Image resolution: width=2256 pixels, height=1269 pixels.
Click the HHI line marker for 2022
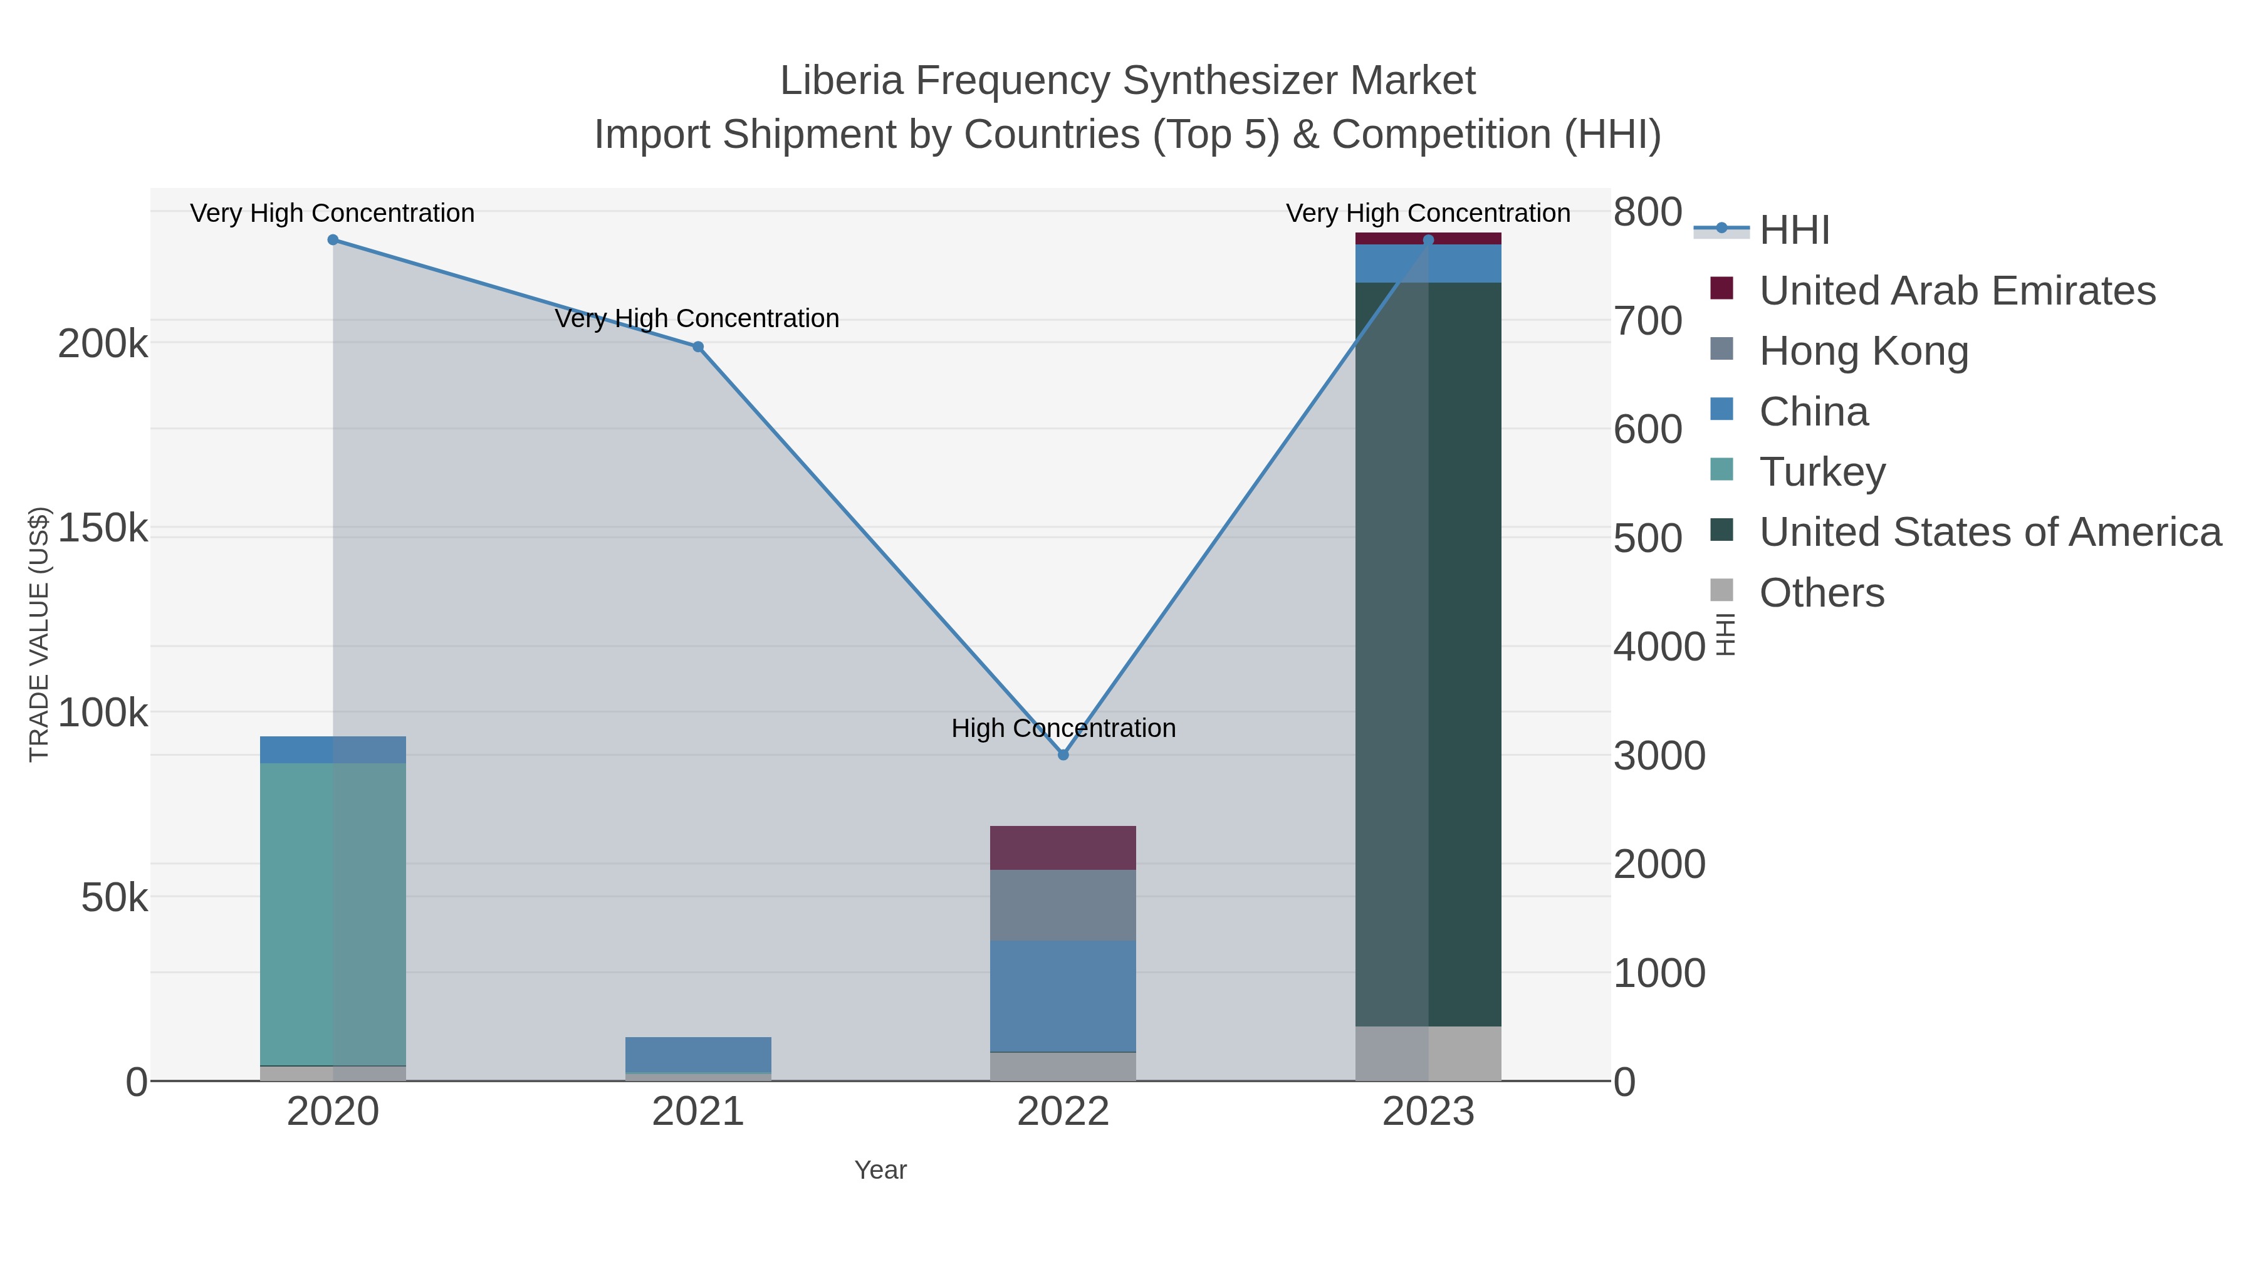click(1063, 754)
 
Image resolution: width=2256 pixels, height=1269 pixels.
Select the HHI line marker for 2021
click(698, 347)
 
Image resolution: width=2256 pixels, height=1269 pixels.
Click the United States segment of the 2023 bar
click(1428, 654)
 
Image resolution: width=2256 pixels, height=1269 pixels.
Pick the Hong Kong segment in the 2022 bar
click(1063, 905)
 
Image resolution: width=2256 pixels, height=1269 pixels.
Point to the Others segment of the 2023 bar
click(1428, 1053)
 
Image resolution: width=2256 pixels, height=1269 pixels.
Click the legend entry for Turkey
click(1822, 472)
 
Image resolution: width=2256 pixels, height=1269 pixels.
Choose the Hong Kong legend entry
click(1863, 351)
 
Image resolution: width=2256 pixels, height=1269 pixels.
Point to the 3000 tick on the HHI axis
click(1659, 756)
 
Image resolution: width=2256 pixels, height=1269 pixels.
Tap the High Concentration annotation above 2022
click(1063, 728)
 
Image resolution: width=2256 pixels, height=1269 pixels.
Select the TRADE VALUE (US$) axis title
click(39, 634)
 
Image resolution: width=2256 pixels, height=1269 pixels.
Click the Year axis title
click(880, 1170)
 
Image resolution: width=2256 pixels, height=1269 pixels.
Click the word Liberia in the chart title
click(841, 81)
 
